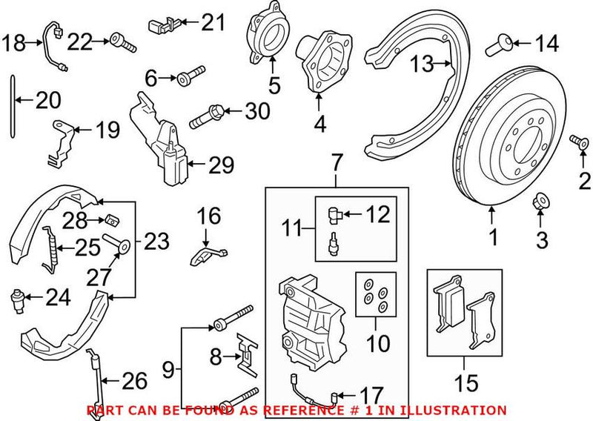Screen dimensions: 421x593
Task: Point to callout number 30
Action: (257, 113)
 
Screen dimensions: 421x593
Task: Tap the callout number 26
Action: (134, 382)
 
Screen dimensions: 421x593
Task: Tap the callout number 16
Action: (209, 216)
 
